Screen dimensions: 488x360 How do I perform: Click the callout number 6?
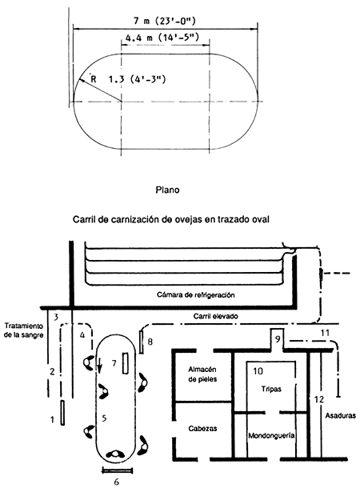(x=118, y=482)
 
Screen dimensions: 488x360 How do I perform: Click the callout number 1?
(x=52, y=417)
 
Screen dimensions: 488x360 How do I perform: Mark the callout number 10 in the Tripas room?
(x=258, y=371)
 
